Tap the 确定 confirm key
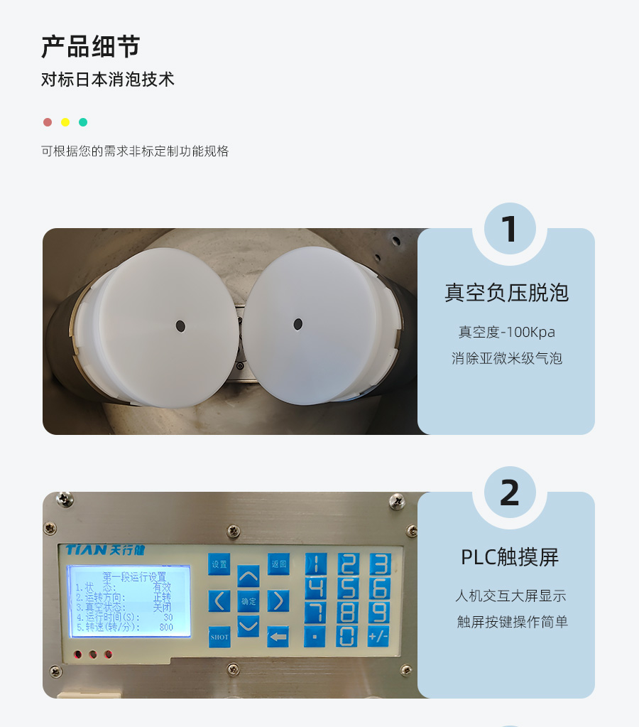tap(248, 601)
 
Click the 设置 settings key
tap(219, 564)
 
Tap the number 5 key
tap(347, 588)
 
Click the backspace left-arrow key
tap(278, 637)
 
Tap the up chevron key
tap(248, 576)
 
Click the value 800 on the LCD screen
tap(165, 628)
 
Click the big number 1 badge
tap(509, 229)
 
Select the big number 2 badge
tap(509, 492)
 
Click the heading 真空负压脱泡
tap(506, 293)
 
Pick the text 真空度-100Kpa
tap(506, 332)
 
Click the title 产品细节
tap(90, 46)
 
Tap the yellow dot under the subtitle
tap(65, 122)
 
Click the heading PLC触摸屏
tap(510, 557)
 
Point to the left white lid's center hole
tap(180, 326)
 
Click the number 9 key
tap(379, 612)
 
